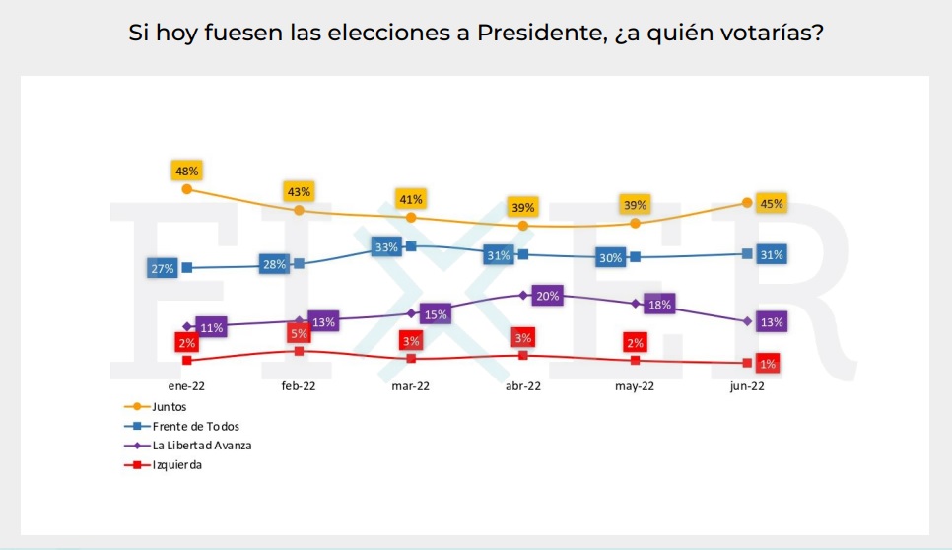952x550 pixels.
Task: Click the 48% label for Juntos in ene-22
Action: coord(187,171)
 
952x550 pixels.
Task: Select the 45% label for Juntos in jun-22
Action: coord(772,204)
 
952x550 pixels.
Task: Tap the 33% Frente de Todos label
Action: coord(385,247)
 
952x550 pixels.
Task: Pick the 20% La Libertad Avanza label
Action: coord(547,296)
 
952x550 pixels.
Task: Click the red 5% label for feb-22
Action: coord(299,333)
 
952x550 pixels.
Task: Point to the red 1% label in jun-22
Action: coord(768,364)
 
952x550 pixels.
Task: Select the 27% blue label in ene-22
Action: coord(162,268)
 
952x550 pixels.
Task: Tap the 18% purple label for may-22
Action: coord(659,305)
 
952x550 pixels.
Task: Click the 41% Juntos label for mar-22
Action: coord(411,198)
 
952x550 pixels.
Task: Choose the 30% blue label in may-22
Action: coord(610,258)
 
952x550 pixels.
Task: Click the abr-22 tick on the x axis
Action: coord(523,386)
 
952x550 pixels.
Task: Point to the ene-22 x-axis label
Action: coord(187,386)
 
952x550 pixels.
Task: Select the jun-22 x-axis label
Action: coord(747,386)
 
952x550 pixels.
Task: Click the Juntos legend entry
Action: coord(170,406)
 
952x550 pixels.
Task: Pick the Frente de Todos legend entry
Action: coord(196,426)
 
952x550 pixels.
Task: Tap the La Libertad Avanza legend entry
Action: coord(202,446)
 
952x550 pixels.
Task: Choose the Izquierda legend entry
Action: coord(177,465)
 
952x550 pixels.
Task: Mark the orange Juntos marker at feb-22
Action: coord(299,210)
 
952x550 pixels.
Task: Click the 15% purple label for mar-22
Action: coord(435,314)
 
